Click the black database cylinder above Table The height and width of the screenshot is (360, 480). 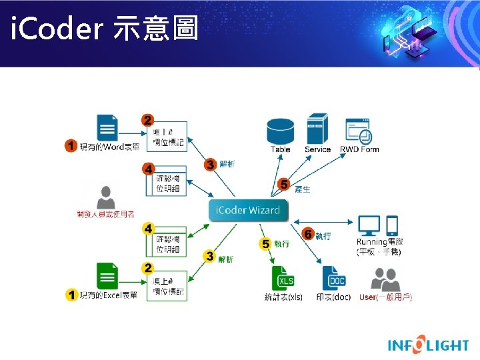[x=280, y=129]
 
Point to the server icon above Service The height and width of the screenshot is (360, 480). [x=317, y=128]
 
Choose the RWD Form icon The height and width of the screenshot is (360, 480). [x=359, y=131]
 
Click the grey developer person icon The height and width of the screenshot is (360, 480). [x=105, y=197]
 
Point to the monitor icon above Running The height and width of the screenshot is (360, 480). [x=369, y=225]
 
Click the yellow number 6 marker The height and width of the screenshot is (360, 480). [x=309, y=235]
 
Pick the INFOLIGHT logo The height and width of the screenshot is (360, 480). [x=429, y=345]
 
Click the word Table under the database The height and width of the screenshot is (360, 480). [x=281, y=149]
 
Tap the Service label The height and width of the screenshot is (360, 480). [x=317, y=149]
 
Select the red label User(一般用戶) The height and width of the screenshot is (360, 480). [x=385, y=297]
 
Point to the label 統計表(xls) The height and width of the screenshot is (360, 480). [x=283, y=297]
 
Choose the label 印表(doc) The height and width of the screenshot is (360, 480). [x=333, y=297]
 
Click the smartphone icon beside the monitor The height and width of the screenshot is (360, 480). [x=393, y=225]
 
